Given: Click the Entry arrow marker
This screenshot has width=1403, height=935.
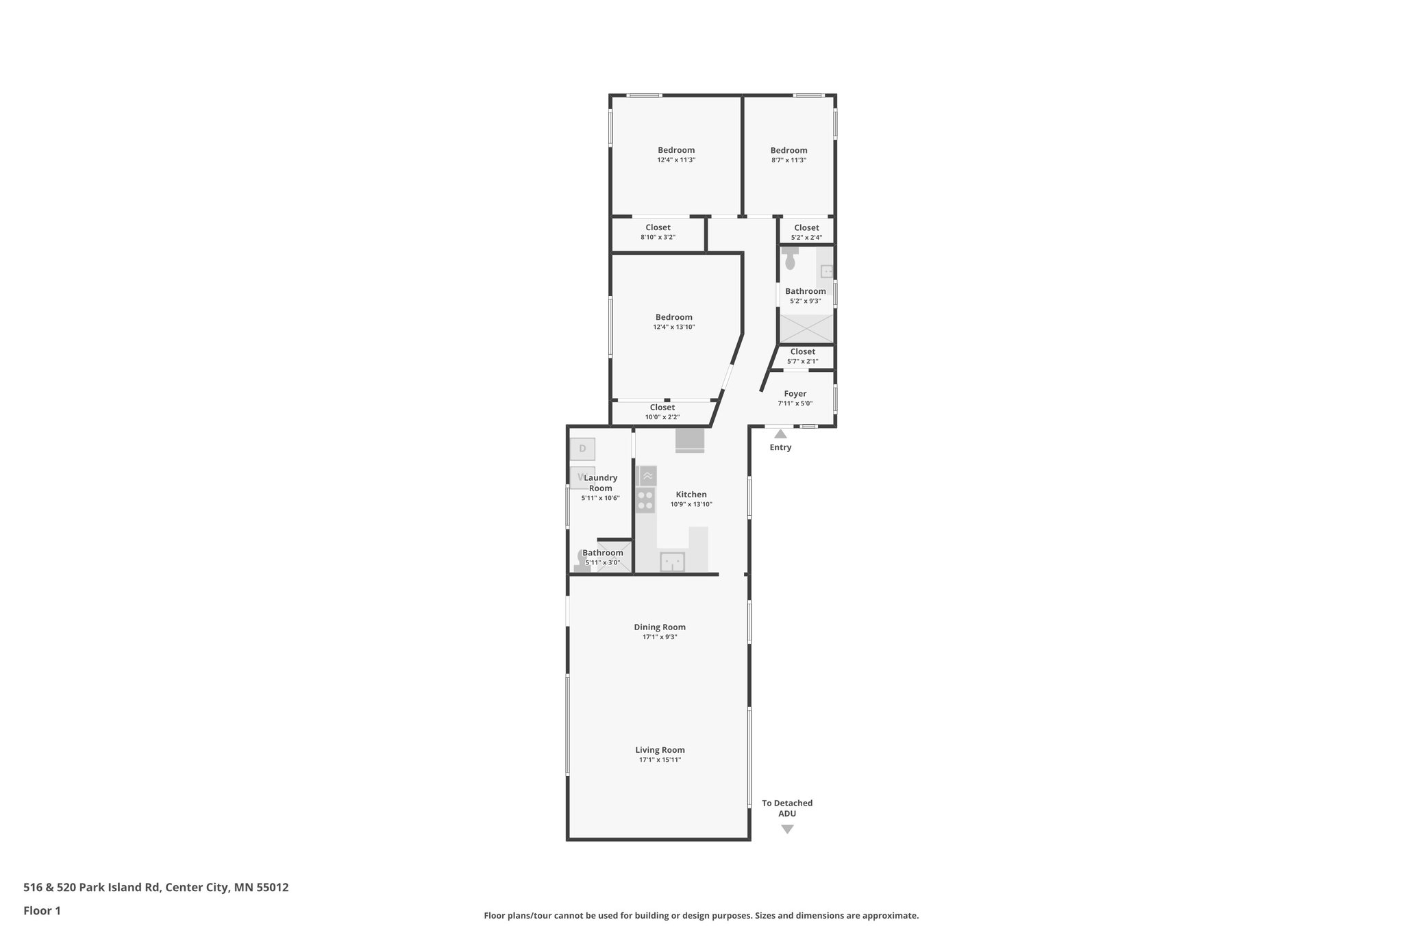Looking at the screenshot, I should tap(780, 434).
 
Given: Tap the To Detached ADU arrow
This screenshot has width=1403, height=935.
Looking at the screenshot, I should tap(787, 829).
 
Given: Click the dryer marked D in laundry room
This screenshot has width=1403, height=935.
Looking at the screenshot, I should tap(582, 449).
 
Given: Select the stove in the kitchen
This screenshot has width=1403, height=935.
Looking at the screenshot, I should tap(645, 500).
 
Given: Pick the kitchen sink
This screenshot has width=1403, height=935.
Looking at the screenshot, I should tap(672, 562).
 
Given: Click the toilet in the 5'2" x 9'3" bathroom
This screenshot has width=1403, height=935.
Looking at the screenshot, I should tap(790, 259).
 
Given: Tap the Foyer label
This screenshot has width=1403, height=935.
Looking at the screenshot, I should tap(795, 394).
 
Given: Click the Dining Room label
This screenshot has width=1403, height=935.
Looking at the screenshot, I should tap(659, 627).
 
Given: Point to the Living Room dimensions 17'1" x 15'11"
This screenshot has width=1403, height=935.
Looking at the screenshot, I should tap(660, 760).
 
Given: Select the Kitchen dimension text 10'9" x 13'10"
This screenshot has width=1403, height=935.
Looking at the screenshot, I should tap(691, 504).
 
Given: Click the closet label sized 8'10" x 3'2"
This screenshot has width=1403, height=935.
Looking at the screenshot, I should tap(658, 227).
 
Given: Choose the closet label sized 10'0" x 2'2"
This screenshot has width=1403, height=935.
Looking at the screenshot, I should tap(662, 408).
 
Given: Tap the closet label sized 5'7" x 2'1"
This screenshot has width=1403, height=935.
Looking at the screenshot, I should tap(802, 351).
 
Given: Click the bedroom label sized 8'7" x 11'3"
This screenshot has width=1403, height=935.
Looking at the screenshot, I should tap(789, 151).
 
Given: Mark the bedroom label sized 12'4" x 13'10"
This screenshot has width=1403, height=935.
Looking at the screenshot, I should tap(673, 317).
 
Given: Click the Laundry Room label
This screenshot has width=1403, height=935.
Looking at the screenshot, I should tap(600, 483).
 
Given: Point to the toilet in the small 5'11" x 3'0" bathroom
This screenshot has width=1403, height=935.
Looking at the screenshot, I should tap(583, 560).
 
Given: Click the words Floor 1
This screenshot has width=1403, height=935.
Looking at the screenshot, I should tap(42, 910).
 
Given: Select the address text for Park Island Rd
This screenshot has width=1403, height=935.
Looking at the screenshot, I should tap(156, 887).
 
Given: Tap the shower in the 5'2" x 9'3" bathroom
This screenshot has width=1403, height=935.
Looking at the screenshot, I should tap(806, 329).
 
